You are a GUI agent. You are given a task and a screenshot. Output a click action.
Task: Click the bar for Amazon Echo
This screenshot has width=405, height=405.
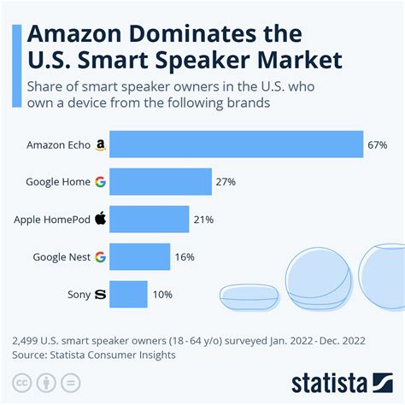point(237,144)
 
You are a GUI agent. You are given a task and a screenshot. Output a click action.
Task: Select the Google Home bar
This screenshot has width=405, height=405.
point(161,181)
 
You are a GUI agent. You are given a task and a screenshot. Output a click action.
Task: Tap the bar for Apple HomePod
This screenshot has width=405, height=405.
point(150,219)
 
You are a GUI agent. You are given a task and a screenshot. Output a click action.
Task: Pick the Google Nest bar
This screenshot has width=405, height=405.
point(139,256)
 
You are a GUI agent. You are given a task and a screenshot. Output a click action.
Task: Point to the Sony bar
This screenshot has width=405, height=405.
point(129,294)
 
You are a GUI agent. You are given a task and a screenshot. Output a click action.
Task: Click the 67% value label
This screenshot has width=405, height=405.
point(378,145)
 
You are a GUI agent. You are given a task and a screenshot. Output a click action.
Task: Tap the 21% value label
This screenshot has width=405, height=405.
point(202,220)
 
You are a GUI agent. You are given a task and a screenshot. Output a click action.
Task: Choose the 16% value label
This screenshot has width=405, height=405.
point(183,256)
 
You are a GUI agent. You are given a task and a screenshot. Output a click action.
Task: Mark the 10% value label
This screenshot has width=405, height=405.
point(161,294)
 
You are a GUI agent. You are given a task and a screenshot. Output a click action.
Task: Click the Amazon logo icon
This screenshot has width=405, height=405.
point(100,145)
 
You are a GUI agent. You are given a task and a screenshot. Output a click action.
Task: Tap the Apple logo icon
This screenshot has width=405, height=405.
point(100,218)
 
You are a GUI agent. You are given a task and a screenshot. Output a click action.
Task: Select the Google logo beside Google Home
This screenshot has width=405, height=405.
point(100,182)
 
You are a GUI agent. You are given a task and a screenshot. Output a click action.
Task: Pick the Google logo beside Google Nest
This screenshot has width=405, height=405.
point(100,256)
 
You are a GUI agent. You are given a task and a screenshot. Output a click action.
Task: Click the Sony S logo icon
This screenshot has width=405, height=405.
point(100,294)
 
